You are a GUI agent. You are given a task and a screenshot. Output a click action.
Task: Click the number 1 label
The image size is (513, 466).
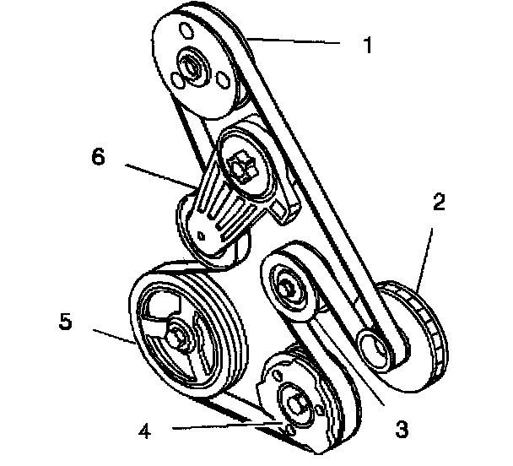coord(367,45)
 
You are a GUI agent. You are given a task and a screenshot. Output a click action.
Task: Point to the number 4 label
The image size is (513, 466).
coord(146,430)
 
